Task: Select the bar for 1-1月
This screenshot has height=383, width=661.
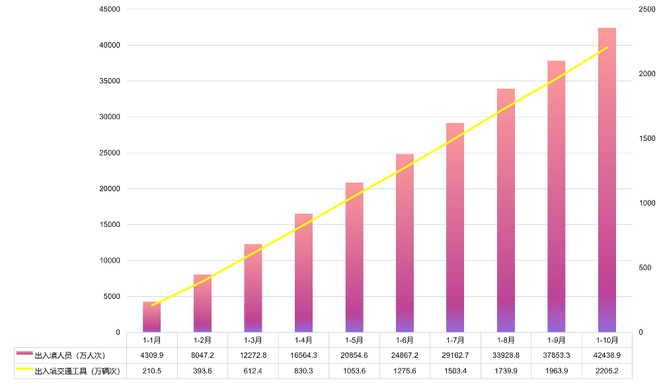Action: (151, 317)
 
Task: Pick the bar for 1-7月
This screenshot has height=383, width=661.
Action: (455, 228)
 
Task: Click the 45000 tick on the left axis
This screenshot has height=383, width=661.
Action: (109, 9)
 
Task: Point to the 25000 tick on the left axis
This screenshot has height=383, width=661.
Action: (109, 153)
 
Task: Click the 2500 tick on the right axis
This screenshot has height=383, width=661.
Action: (647, 9)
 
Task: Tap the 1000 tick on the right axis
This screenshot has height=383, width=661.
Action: (647, 203)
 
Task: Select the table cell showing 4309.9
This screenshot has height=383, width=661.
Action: (151, 355)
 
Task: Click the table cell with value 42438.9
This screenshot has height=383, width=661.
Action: (607, 355)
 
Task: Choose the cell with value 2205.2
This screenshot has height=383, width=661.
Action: (607, 370)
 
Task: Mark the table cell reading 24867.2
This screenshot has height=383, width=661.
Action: (405, 355)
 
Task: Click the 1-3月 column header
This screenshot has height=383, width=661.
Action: (253, 340)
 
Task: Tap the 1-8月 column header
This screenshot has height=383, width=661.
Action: (506, 340)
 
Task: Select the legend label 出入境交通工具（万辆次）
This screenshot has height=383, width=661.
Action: (76, 370)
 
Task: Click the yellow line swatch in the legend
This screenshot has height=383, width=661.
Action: (24, 369)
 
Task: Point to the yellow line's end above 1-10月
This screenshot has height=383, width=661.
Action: (607, 48)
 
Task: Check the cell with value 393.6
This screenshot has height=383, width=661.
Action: (202, 370)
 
